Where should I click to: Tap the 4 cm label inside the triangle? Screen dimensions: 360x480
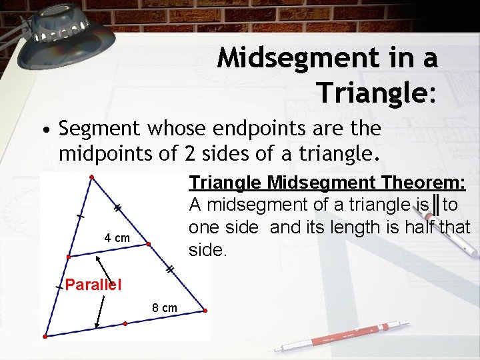click(117, 238)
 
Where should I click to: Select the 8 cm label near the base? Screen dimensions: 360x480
click(165, 308)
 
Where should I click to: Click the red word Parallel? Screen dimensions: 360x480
click(93, 285)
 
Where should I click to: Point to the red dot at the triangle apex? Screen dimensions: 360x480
click(92, 177)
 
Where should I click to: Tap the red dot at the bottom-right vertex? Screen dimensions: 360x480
click(205, 310)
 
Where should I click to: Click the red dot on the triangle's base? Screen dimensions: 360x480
click(125, 323)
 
